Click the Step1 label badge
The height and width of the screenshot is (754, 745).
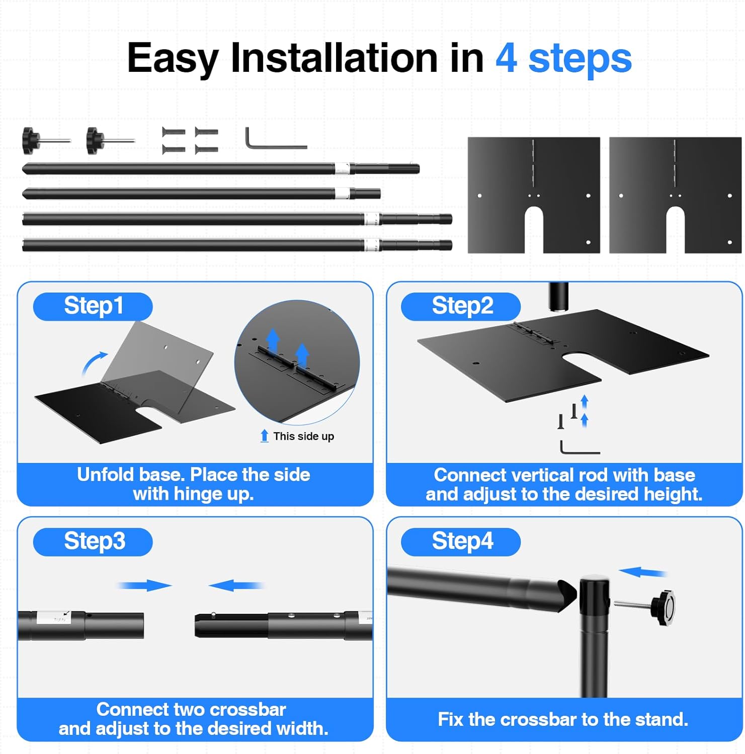[x=93, y=306]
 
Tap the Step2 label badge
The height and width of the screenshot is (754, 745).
[x=461, y=306]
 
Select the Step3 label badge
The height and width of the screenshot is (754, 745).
[x=93, y=542]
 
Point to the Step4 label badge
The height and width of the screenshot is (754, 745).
[x=461, y=542]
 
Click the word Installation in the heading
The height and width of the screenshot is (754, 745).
[x=334, y=58]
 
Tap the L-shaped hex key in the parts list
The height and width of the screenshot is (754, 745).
[x=276, y=138]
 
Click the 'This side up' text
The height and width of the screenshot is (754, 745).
[x=303, y=436]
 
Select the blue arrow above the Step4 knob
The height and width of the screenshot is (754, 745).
[x=643, y=572]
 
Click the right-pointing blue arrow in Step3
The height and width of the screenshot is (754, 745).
[x=145, y=586]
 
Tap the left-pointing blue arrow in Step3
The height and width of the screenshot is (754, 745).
[x=236, y=586]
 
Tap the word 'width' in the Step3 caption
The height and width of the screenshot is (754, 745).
[x=302, y=728]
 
